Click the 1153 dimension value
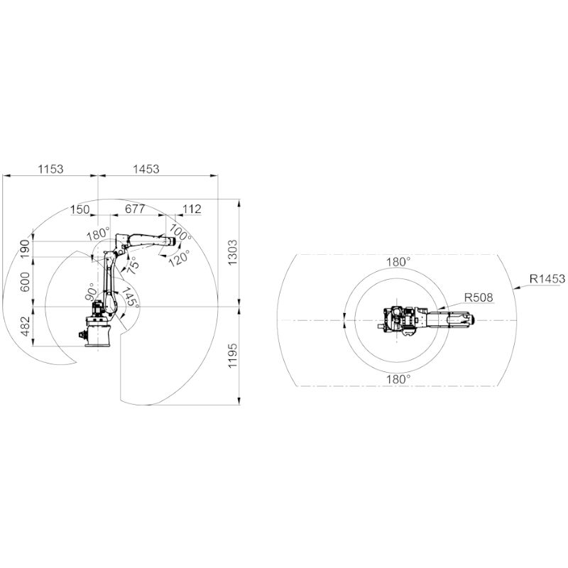coord(51,169)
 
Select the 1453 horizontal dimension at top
coord(146,169)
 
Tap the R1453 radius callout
coord(547,278)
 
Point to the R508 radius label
coord(479,297)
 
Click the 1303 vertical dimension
coord(233,252)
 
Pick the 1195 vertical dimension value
coord(233,356)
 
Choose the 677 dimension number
coord(135,209)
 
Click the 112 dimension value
coord(192,209)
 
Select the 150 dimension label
coord(80,209)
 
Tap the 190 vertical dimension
coord(26,248)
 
